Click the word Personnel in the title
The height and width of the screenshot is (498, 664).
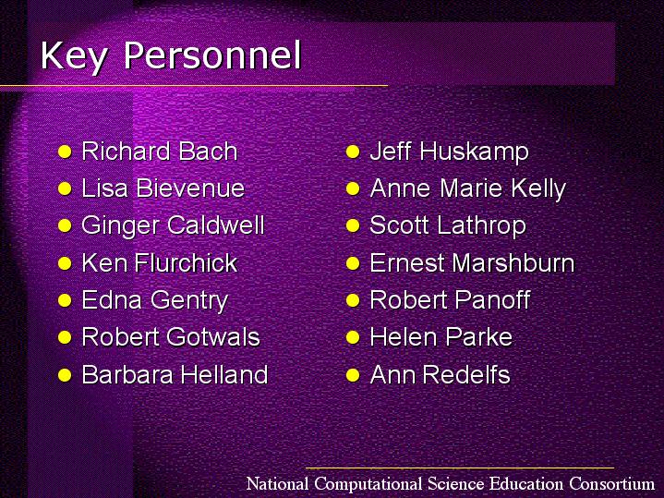tap(212, 55)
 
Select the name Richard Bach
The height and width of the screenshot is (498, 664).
tap(159, 151)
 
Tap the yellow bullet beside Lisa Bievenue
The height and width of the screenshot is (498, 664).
tap(65, 188)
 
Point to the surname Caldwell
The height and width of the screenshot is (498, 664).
tap(215, 225)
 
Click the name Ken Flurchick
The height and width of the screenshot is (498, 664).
tap(159, 262)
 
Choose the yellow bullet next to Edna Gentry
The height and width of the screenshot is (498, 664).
tap(65, 300)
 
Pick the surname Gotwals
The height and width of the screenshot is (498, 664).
tap(213, 337)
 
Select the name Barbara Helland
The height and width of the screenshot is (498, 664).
tap(175, 375)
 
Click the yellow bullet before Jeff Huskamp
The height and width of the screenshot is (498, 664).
tap(353, 152)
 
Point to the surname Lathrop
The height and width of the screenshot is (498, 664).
tap(481, 225)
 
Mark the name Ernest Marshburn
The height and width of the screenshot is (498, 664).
tap(472, 262)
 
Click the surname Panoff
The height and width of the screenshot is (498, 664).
tap(493, 300)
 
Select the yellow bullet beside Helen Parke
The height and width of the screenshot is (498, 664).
tap(353, 338)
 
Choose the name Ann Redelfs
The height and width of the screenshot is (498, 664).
tap(440, 375)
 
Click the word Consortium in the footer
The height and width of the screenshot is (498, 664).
tap(611, 483)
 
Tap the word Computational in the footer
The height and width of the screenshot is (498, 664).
tap(368, 484)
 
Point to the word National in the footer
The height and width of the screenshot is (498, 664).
tap(277, 483)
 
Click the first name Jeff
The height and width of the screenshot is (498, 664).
tap(390, 152)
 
